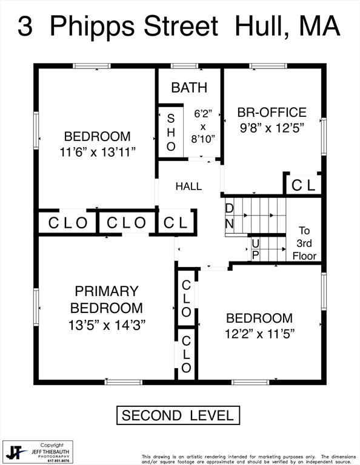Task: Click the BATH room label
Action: [x=189, y=87]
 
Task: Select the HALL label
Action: [x=188, y=186]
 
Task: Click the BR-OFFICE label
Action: [x=272, y=112]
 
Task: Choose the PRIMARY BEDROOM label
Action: [x=107, y=299]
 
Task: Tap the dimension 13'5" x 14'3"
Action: [x=107, y=325]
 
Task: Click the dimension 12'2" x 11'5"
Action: [x=259, y=333]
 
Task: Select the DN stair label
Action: [x=230, y=216]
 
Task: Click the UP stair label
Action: [x=255, y=249]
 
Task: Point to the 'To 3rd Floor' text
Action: [x=304, y=243]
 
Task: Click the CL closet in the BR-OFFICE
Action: [x=303, y=186]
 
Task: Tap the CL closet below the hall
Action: [x=176, y=222]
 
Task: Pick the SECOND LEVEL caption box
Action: [x=178, y=415]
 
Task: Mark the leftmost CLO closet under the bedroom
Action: [x=68, y=223]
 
